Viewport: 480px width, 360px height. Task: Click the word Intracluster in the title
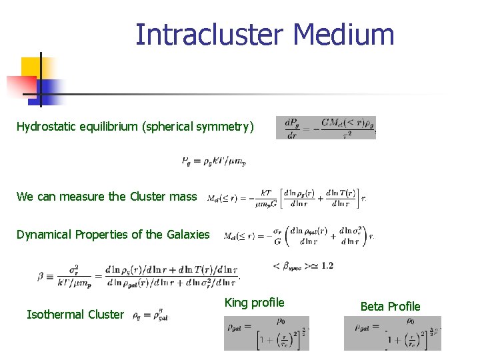210,35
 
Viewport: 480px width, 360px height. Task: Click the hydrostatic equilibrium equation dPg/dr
326,127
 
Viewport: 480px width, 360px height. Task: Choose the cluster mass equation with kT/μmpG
287,197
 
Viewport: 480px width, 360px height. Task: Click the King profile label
254,303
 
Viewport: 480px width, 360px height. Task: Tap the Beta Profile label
390,307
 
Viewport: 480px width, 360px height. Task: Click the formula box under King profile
266,333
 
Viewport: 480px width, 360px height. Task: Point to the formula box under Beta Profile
392,333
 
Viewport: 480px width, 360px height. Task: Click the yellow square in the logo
31,69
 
